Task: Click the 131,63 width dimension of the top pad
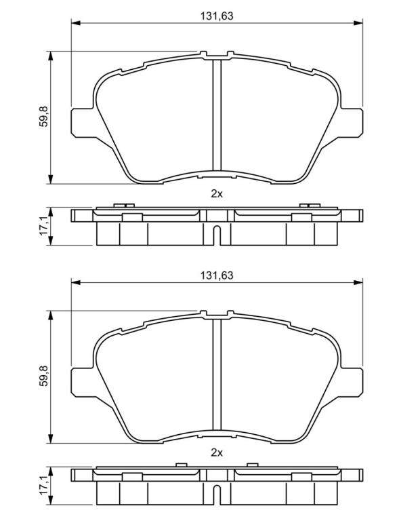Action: [x=217, y=16]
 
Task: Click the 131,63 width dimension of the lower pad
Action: [x=217, y=275]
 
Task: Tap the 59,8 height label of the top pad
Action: [x=44, y=116]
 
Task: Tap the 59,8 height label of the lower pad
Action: [x=44, y=376]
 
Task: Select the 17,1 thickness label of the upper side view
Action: [x=44, y=227]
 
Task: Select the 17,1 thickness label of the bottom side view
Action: [x=44, y=486]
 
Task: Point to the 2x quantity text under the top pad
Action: [x=217, y=194]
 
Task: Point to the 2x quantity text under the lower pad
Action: [x=217, y=452]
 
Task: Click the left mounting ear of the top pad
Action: [x=82, y=122]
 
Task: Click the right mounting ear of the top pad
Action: [x=351, y=122]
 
